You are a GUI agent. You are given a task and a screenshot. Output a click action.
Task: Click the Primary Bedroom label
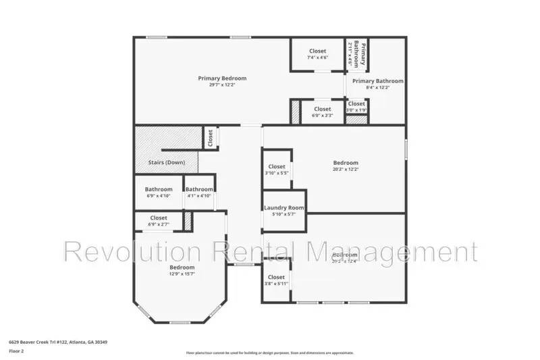[x=222, y=78]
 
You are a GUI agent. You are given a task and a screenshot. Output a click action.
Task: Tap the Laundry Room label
[x=283, y=208]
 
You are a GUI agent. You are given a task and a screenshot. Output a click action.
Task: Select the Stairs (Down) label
[x=166, y=163]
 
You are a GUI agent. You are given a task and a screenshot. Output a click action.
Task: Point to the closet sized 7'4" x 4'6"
[x=317, y=54]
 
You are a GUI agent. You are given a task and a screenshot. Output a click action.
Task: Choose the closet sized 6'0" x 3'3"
[x=322, y=112]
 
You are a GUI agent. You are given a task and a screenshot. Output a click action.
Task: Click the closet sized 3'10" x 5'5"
[x=277, y=170]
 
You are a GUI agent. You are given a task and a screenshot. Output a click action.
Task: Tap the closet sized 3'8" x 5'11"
[x=276, y=280]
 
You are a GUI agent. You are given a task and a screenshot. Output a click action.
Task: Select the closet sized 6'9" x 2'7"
[x=159, y=221]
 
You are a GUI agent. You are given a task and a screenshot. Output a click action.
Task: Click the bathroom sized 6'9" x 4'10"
[x=159, y=192]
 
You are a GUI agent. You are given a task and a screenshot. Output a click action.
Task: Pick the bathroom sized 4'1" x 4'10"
[x=199, y=192]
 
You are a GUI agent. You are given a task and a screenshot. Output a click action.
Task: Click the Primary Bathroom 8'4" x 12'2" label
[x=377, y=84]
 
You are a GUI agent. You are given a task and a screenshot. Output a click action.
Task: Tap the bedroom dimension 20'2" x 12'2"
[x=346, y=170]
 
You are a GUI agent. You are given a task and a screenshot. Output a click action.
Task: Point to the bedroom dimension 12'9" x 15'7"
[x=182, y=274]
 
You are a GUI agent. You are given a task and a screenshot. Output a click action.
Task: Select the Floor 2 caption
[x=16, y=351]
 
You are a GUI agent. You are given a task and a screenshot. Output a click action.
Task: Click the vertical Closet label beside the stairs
[x=211, y=138]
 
